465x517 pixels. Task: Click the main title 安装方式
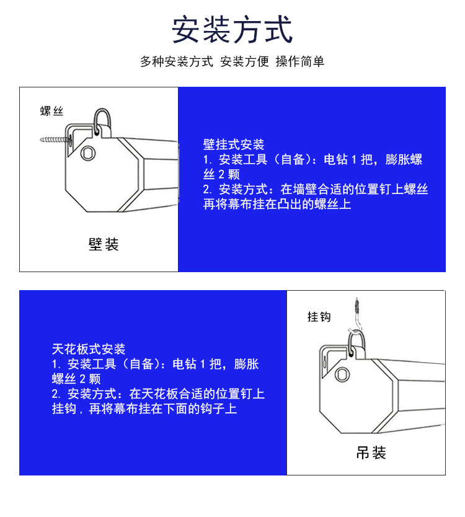tap(232, 29)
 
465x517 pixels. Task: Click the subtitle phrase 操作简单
tap(300, 61)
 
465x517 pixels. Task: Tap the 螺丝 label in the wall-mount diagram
tap(52, 111)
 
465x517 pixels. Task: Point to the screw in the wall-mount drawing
tap(55, 140)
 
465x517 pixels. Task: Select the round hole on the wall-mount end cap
tap(88, 153)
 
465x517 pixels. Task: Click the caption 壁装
tap(104, 244)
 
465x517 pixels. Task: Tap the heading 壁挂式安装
tap(234, 144)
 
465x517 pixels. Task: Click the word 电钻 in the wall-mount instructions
tap(335, 159)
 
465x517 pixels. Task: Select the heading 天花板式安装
tap(89, 349)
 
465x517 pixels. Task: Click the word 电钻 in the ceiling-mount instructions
tap(185, 364)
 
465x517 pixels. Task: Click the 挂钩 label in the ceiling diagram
tap(319, 317)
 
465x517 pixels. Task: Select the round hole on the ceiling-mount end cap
tap(342, 374)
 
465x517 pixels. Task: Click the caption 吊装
tap(371, 453)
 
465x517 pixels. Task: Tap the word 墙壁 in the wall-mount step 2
tap(305, 189)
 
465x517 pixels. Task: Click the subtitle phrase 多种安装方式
tap(177, 61)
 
